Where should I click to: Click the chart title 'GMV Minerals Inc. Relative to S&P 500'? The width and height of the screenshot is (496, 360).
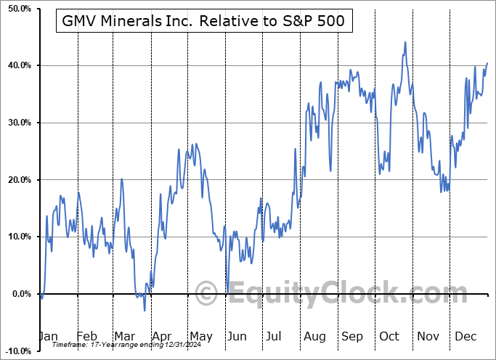tap(204, 22)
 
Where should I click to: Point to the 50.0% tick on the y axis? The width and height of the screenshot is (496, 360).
tap(17, 9)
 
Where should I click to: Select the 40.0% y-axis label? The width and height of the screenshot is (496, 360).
tap(17, 66)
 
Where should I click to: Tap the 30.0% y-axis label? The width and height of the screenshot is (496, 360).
tap(17, 123)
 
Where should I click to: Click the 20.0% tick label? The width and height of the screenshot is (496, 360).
tap(17, 180)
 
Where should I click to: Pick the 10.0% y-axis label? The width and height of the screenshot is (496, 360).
tap(17, 237)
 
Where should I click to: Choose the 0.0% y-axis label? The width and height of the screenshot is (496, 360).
tap(20, 294)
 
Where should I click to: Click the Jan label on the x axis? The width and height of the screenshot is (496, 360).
tap(48, 337)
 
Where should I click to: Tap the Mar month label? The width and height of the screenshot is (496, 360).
tap(124, 337)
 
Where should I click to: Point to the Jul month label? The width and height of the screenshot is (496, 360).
tap(275, 337)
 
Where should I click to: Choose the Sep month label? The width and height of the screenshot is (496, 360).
tap(351, 337)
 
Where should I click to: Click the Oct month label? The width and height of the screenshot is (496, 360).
tap(389, 337)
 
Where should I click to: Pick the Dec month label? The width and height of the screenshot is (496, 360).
tap(465, 337)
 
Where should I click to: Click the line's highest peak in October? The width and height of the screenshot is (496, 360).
tap(404, 42)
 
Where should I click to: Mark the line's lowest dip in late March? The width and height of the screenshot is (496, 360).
tap(145, 311)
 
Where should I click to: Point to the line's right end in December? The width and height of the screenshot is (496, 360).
tap(487, 63)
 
